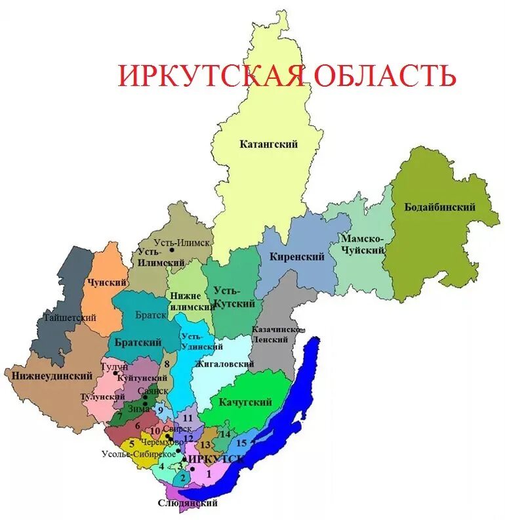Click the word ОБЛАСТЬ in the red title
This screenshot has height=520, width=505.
385,76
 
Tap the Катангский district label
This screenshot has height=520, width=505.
268,144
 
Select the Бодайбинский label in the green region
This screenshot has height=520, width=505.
445,207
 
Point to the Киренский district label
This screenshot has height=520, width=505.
296,257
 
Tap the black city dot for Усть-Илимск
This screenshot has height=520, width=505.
172,250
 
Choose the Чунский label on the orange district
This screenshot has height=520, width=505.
106,282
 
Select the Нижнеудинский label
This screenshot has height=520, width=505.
51,376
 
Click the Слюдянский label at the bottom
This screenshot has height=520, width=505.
187,504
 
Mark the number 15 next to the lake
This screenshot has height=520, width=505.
241,443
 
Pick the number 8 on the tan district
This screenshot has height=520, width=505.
167,364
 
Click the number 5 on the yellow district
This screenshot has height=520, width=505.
132,444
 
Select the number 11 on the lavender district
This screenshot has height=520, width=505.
188,418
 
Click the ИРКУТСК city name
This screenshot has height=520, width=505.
216,459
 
